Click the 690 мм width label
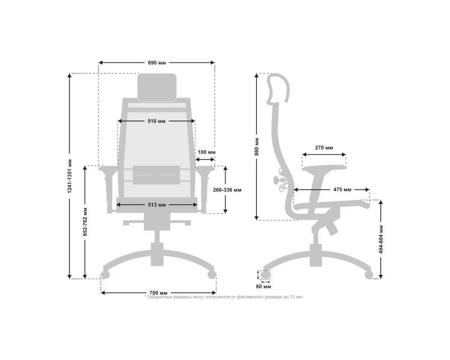pos(157,63)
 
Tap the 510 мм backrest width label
pos(157,121)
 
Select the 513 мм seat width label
pos(157,205)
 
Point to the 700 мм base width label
pos(158,293)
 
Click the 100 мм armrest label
pos(207,152)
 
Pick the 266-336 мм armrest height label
pos(227,190)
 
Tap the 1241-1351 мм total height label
pos(70,176)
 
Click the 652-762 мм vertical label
pos(85,222)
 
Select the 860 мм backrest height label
pos(257,147)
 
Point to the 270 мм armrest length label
pos(324,148)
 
